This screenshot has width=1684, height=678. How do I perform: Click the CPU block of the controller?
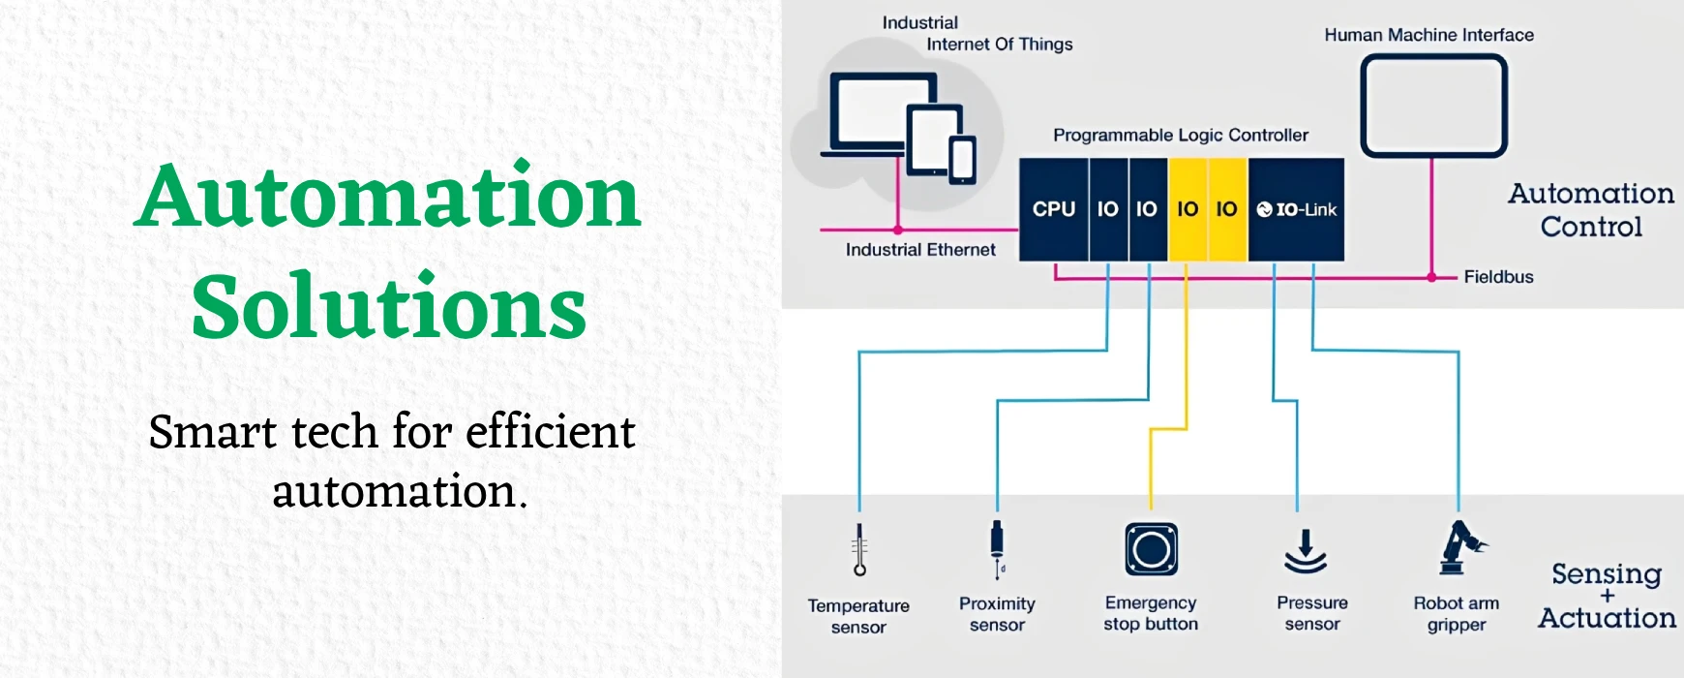click(1054, 209)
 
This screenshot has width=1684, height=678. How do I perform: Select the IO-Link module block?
click(1296, 209)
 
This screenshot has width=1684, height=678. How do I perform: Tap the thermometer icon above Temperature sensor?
click(859, 550)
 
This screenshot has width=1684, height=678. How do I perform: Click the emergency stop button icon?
click(1151, 549)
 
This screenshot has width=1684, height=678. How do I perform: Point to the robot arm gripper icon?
click(1459, 548)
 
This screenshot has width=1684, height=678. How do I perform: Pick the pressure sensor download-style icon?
click(1305, 551)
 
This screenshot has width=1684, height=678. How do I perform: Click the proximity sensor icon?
click(998, 548)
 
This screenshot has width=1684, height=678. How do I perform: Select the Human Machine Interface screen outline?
click(1433, 106)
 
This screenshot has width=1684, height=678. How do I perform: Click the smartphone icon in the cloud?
click(962, 160)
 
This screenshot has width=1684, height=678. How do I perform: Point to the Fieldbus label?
click(1498, 277)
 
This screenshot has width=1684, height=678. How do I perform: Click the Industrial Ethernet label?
click(920, 250)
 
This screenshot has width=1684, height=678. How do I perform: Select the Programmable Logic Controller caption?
click(1181, 136)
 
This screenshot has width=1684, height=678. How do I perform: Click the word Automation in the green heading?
click(388, 197)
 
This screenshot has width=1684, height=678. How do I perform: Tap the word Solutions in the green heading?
click(389, 307)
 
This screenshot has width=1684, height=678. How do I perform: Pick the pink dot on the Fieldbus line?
click(1431, 278)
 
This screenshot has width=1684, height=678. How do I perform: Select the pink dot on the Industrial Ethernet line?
click(898, 230)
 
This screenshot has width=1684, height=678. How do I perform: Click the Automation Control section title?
click(1591, 210)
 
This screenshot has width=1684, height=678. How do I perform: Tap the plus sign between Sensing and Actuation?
click(1608, 596)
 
